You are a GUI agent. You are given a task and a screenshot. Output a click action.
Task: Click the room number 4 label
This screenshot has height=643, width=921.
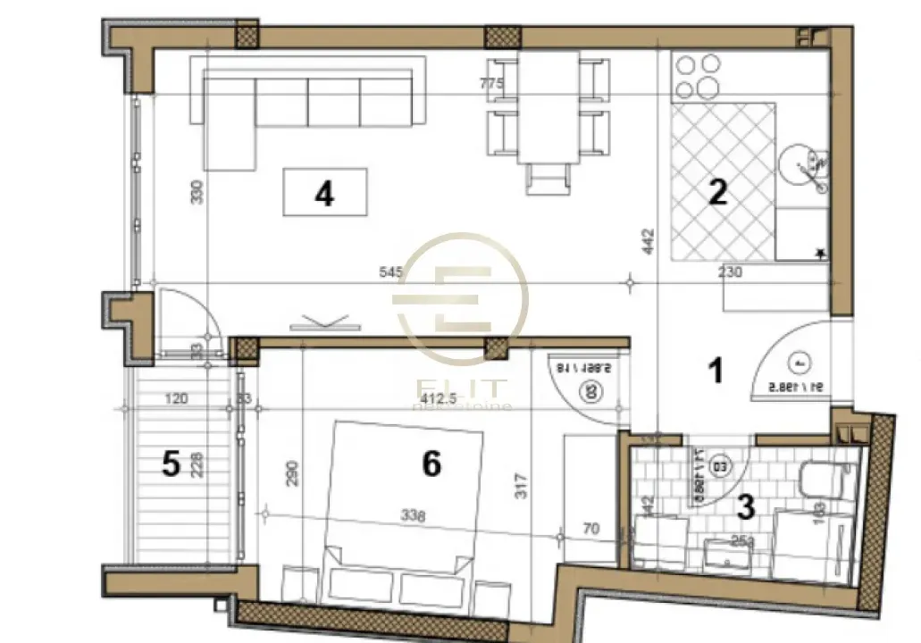(x=324, y=193)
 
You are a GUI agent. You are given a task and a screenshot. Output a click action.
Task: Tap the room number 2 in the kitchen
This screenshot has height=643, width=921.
(x=717, y=194)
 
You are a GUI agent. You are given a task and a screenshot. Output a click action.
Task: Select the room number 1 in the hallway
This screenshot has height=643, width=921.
(x=715, y=370)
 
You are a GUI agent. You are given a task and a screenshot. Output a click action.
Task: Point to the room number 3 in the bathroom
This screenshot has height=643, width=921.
(x=745, y=506)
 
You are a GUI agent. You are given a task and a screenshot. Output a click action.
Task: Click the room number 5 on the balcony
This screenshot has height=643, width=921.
(x=172, y=463)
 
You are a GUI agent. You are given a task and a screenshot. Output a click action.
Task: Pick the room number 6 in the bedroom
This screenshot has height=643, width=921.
(x=431, y=463)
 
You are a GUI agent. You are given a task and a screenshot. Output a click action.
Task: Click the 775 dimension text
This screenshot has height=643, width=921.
(x=492, y=84)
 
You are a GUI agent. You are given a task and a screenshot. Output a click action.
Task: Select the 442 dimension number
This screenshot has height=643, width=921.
(x=649, y=243)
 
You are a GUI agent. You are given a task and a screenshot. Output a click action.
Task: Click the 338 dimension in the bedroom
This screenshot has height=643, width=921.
(x=412, y=515)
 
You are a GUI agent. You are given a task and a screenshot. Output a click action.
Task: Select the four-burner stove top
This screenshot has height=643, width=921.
(x=697, y=77)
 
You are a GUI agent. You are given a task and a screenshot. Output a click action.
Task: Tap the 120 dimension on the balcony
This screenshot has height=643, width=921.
(x=177, y=399)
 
